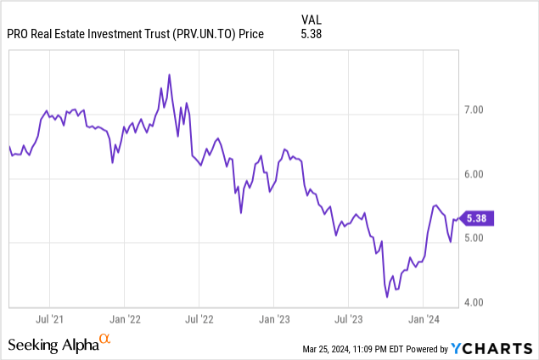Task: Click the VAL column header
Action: [312, 18]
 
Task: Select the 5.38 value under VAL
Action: [312, 35]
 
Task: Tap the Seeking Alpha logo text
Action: [53, 344]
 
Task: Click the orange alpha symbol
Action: [105, 339]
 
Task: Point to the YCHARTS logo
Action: [492, 346]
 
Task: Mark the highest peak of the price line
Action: [170, 75]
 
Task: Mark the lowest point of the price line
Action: [387, 297]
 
